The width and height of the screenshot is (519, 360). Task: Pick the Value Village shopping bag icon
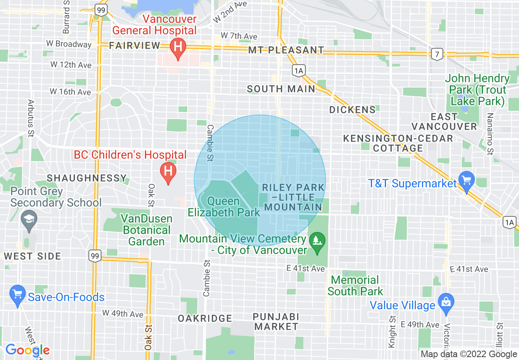tap(446, 303)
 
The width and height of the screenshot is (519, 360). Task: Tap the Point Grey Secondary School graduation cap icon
tap(29, 218)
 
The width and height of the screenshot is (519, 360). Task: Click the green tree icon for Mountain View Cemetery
tap(316, 239)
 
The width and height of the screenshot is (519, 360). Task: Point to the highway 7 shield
tap(437, 54)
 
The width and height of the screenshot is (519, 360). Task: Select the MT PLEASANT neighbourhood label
tap(286, 50)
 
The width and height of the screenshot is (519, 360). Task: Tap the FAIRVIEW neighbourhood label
tap(135, 46)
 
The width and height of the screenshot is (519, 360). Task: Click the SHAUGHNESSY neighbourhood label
tap(87, 178)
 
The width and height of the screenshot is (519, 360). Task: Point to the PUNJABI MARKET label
tap(275, 322)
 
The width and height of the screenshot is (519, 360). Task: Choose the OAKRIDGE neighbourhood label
tap(205, 318)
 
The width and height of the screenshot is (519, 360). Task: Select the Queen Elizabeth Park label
tap(223, 207)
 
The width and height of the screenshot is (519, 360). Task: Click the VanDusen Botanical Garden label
tap(146, 230)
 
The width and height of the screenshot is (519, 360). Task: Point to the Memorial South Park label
tap(355, 286)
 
